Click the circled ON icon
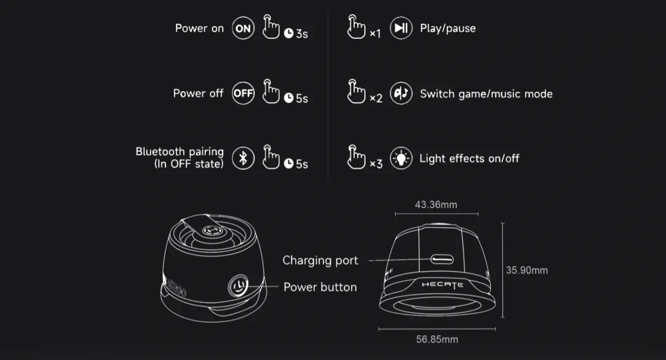(243, 28)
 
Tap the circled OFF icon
(243, 93)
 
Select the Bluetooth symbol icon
(243, 158)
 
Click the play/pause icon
(401, 28)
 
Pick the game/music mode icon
(401, 93)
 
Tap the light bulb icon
(401, 158)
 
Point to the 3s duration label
(302, 34)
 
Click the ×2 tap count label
(376, 98)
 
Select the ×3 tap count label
(376, 163)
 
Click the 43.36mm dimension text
(436, 205)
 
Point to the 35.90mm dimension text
(527, 270)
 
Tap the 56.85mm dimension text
(437, 339)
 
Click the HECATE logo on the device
(443, 284)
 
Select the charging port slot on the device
(442, 260)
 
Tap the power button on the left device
(238, 286)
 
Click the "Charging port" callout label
(320, 261)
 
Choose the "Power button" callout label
(320, 287)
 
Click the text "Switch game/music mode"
(486, 94)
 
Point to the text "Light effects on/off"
(470, 158)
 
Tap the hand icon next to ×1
(356, 27)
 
